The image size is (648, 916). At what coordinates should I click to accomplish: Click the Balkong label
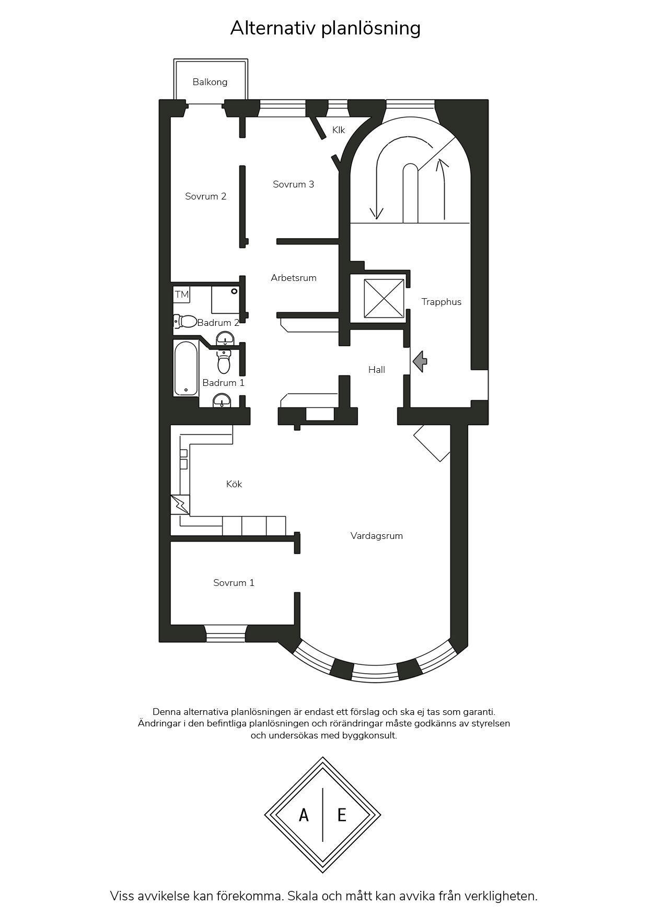pos(210,82)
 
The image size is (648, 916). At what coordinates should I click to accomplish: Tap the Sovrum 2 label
pos(205,196)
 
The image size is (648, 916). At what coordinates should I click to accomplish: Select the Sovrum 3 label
pos(293,184)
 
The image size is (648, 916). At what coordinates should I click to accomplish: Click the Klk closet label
pos(339,130)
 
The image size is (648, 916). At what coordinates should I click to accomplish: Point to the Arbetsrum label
pos(294,278)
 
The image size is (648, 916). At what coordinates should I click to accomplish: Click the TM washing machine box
pos(181,295)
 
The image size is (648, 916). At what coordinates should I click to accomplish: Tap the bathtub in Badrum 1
pos(186,368)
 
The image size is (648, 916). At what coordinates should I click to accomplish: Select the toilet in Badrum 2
pos(185,321)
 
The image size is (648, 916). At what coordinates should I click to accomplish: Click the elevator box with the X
pos(384,298)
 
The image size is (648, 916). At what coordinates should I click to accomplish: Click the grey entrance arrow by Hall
pos(420,361)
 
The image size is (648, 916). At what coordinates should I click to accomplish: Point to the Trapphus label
pos(442,302)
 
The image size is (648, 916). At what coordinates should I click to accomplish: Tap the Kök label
pos(234,484)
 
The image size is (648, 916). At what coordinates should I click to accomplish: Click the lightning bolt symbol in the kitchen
pos(180,504)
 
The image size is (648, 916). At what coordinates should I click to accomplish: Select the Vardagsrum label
pos(377,536)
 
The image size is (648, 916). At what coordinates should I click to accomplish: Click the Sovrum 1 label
pos(234,583)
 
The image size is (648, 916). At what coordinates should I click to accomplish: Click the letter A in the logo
pos(304,815)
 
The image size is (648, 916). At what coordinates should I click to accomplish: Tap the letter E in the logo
pos(342,815)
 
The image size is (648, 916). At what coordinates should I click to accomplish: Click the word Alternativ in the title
pos(273,28)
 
